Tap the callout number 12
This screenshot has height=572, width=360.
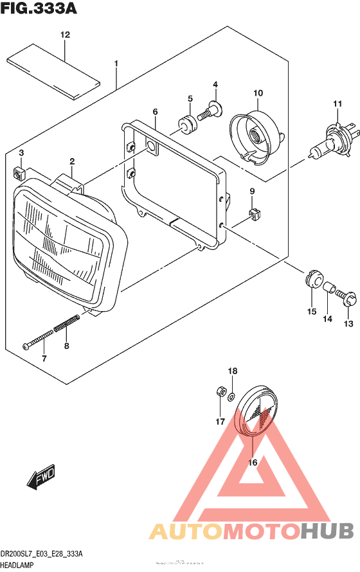(64, 35)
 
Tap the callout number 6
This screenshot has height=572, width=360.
(155, 112)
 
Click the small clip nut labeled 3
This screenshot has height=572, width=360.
(17, 173)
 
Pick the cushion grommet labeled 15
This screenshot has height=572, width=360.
(312, 281)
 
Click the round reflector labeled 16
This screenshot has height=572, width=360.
(260, 412)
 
